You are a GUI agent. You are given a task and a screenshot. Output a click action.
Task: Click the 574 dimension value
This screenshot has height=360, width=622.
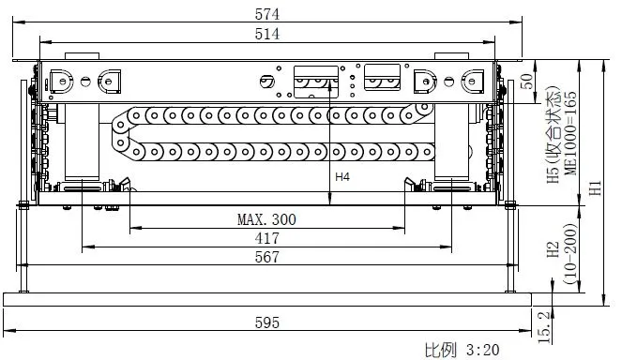(267, 14)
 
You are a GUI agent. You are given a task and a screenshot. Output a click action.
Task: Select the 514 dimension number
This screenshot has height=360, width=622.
(267, 34)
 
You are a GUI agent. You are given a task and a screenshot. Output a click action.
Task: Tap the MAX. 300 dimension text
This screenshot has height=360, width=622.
(266, 219)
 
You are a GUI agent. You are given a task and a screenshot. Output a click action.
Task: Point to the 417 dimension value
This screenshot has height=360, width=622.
(267, 238)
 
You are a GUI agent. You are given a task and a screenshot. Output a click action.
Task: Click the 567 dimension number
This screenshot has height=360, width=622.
(267, 257)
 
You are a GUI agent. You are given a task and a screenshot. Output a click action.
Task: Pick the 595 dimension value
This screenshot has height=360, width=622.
(267, 322)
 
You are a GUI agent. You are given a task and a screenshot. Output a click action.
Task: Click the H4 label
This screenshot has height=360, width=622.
(342, 177)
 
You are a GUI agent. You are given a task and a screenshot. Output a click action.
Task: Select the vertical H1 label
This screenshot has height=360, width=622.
(595, 187)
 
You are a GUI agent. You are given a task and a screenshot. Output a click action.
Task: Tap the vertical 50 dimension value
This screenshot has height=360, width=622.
(526, 82)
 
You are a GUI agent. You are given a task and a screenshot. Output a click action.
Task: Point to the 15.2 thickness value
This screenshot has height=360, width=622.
(545, 327)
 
